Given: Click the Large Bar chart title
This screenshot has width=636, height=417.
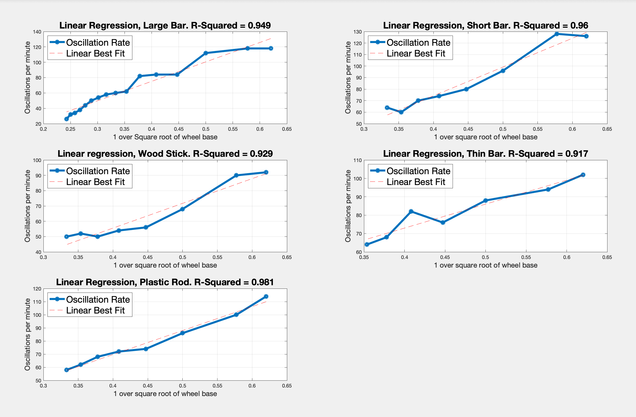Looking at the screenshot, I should (165, 25).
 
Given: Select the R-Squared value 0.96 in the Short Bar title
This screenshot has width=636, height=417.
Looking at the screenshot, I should (579, 25).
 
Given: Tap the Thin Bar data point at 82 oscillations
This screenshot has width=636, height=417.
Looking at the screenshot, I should (411, 211).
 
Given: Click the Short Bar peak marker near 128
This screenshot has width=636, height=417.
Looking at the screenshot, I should (557, 34).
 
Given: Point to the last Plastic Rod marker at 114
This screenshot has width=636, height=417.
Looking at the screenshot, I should (266, 297).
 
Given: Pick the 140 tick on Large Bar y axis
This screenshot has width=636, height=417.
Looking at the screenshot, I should (37, 32).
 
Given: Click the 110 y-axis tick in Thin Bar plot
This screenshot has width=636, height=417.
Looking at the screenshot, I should (357, 160).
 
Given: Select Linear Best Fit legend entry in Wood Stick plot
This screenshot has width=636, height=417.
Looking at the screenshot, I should (95, 182).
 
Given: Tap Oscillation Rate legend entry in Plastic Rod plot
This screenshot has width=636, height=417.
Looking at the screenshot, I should (98, 299).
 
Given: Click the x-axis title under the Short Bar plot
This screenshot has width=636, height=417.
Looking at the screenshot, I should (485, 137).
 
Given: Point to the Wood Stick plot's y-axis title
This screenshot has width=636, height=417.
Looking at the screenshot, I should (27, 206).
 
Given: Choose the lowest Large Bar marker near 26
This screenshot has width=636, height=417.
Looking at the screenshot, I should (66, 119).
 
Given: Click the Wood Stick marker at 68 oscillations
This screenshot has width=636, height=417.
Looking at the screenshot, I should (182, 209).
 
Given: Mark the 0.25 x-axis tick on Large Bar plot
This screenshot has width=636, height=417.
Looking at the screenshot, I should (70, 129).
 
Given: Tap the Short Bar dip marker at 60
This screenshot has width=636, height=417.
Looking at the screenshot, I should (401, 112).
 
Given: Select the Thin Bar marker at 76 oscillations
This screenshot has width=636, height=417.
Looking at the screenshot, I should (443, 222).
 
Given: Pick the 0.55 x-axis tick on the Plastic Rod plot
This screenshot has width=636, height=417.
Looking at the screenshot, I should (217, 386).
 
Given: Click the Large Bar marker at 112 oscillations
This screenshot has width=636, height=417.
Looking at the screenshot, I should (206, 53).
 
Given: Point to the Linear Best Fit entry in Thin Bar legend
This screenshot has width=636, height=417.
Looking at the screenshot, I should (415, 182).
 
